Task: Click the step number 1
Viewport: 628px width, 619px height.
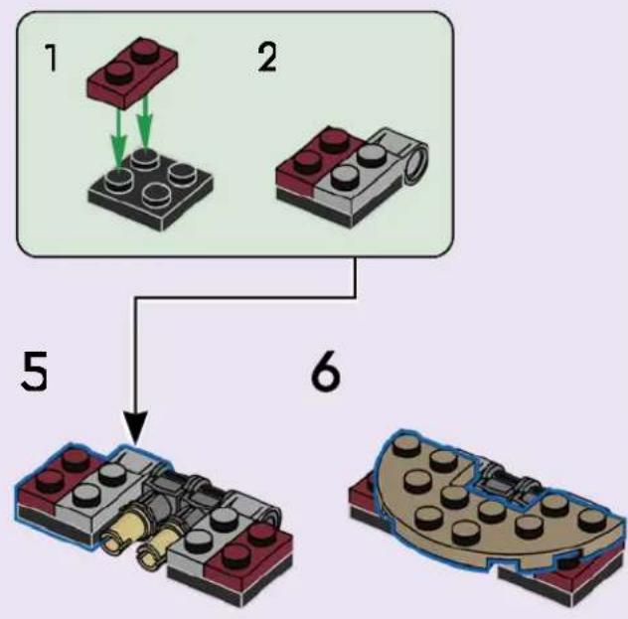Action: [51, 58]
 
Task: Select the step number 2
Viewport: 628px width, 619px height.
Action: [267, 58]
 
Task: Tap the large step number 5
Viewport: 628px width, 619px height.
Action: [34, 371]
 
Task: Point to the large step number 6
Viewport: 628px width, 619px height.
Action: [326, 372]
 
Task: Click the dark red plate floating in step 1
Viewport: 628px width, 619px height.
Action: [132, 73]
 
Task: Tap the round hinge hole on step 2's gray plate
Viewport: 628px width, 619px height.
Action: [416, 164]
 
